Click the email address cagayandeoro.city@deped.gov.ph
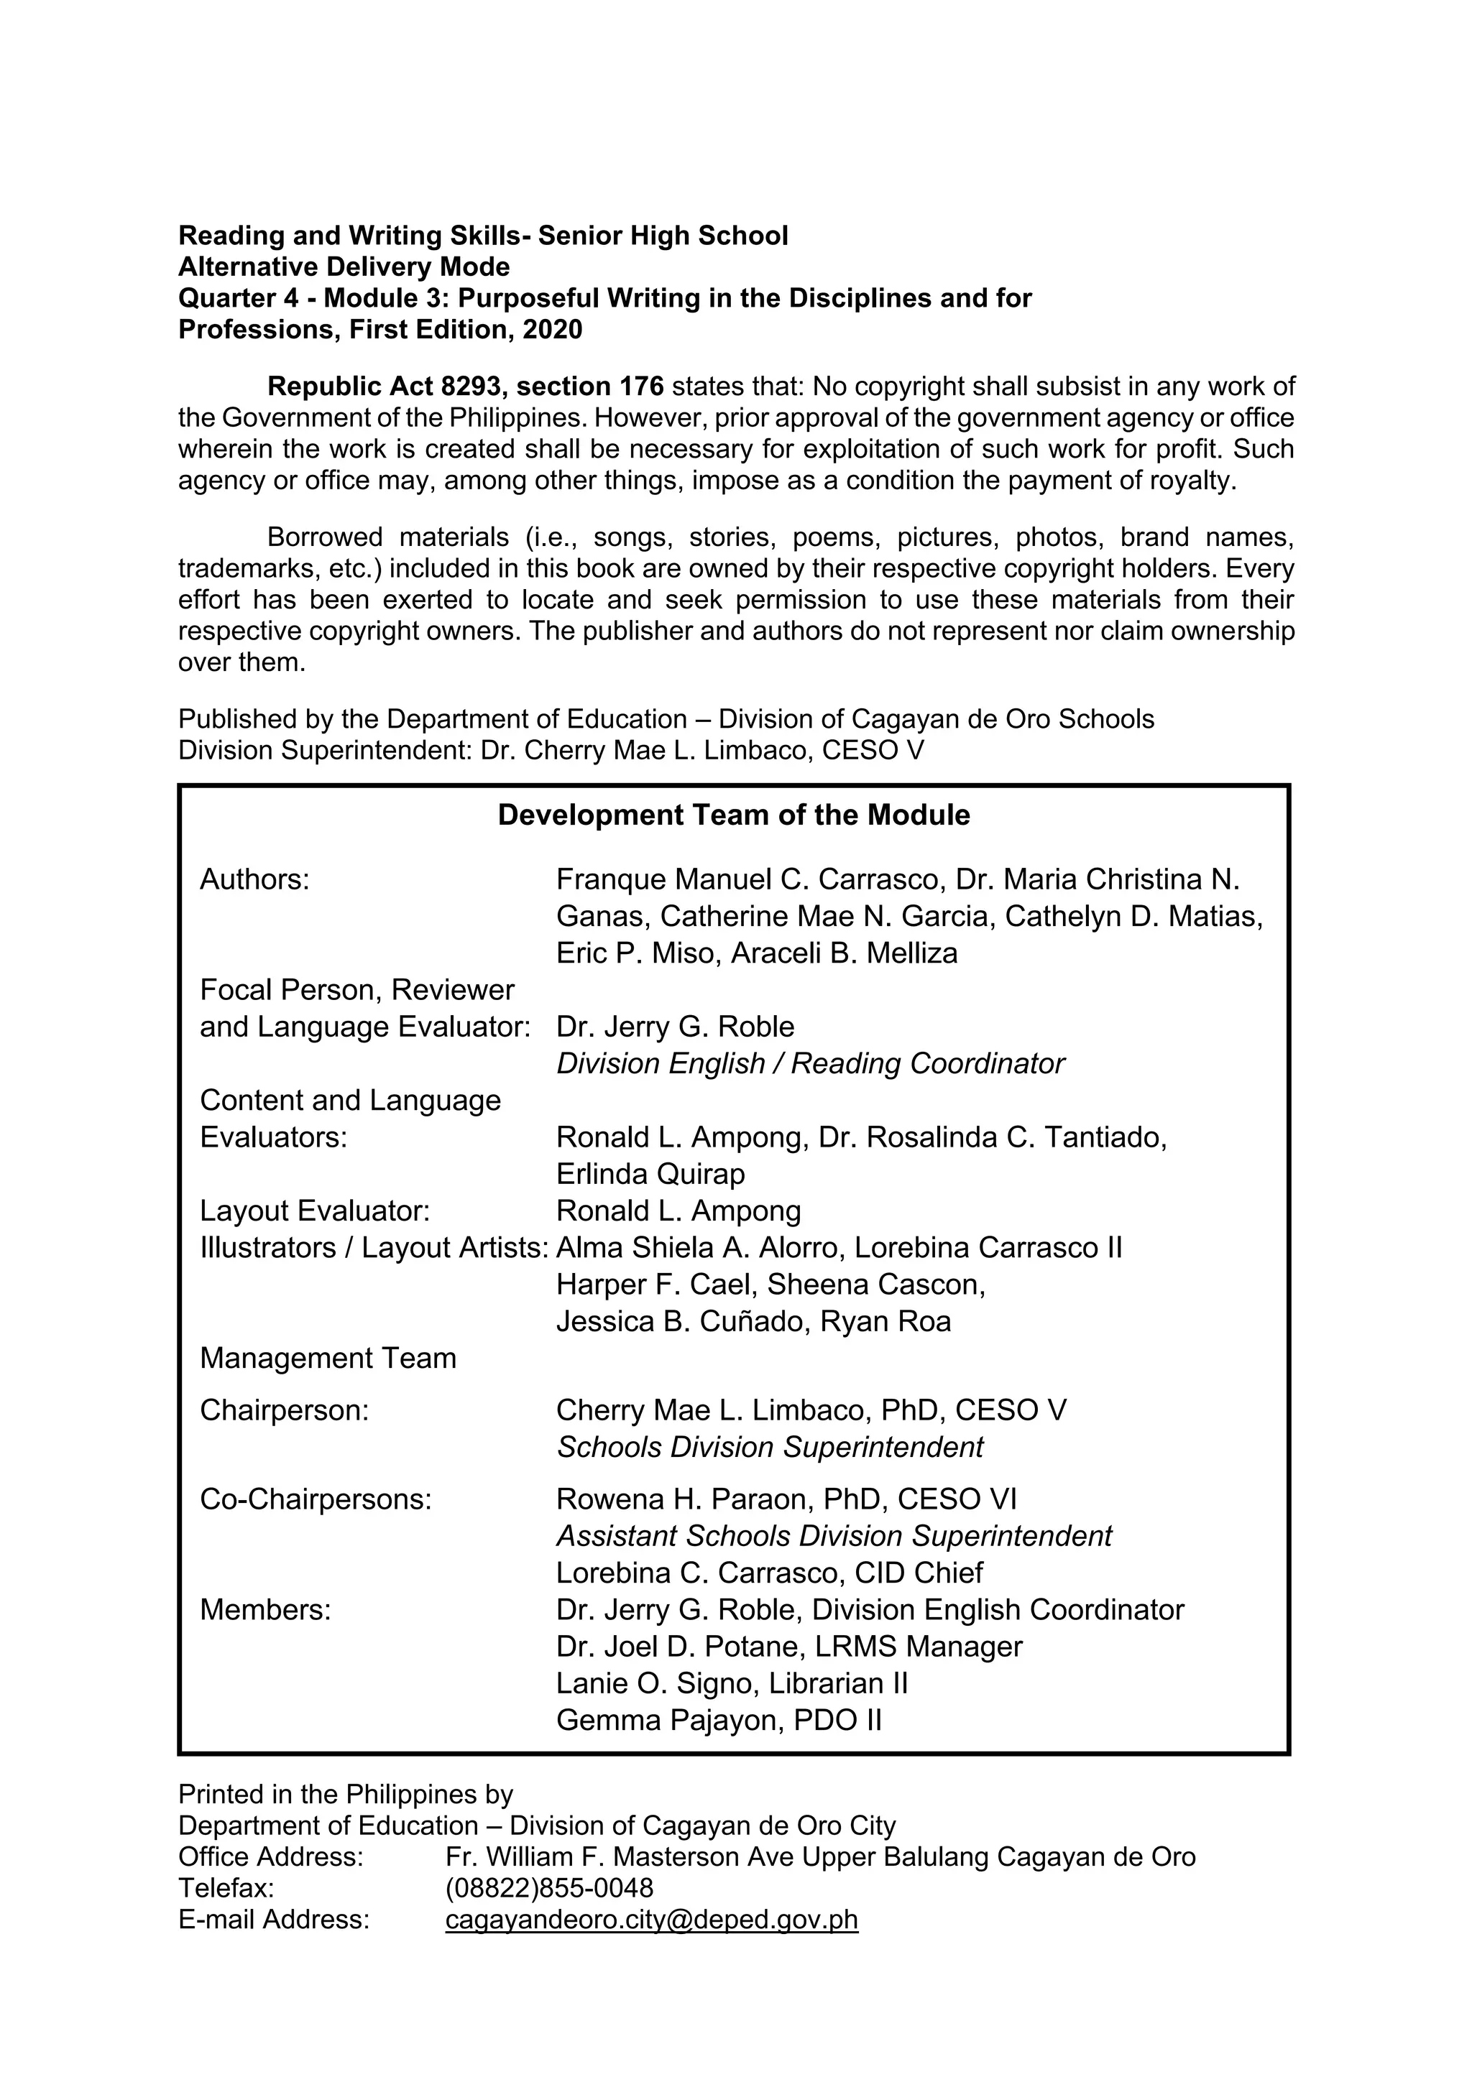pyautogui.click(x=651, y=1920)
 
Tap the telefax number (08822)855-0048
pyautogui.click(x=548, y=1888)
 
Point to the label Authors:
pyautogui.click(x=255, y=879)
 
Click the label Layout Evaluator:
pyautogui.click(x=315, y=1211)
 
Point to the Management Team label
pyautogui.click(x=328, y=1358)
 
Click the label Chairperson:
pyautogui.click(x=284, y=1410)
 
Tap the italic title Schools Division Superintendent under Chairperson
pyautogui.click(x=769, y=1446)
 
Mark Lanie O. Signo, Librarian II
pyautogui.click(x=731, y=1683)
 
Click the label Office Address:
pyautogui.click(x=270, y=1857)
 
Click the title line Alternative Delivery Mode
pyautogui.click(x=344, y=267)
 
